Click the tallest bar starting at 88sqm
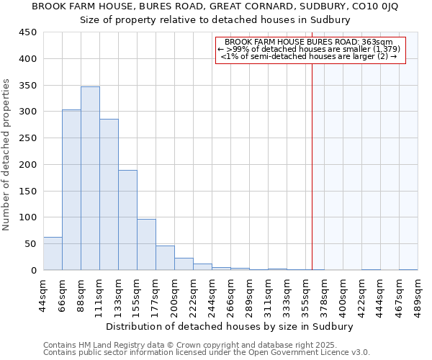pyautogui.click(x=90, y=179)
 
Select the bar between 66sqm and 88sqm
pyautogui.click(x=71, y=190)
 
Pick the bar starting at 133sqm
pyautogui.click(x=127, y=220)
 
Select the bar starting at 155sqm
pyautogui.click(x=146, y=245)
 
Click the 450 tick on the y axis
pyautogui.click(x=28, y=32)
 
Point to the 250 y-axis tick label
pyautogui.click(x=28, y=138)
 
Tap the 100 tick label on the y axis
pyautogui.click(x=28, y=217)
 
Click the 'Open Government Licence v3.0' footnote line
pyautogui.click(x=207, y=352)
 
